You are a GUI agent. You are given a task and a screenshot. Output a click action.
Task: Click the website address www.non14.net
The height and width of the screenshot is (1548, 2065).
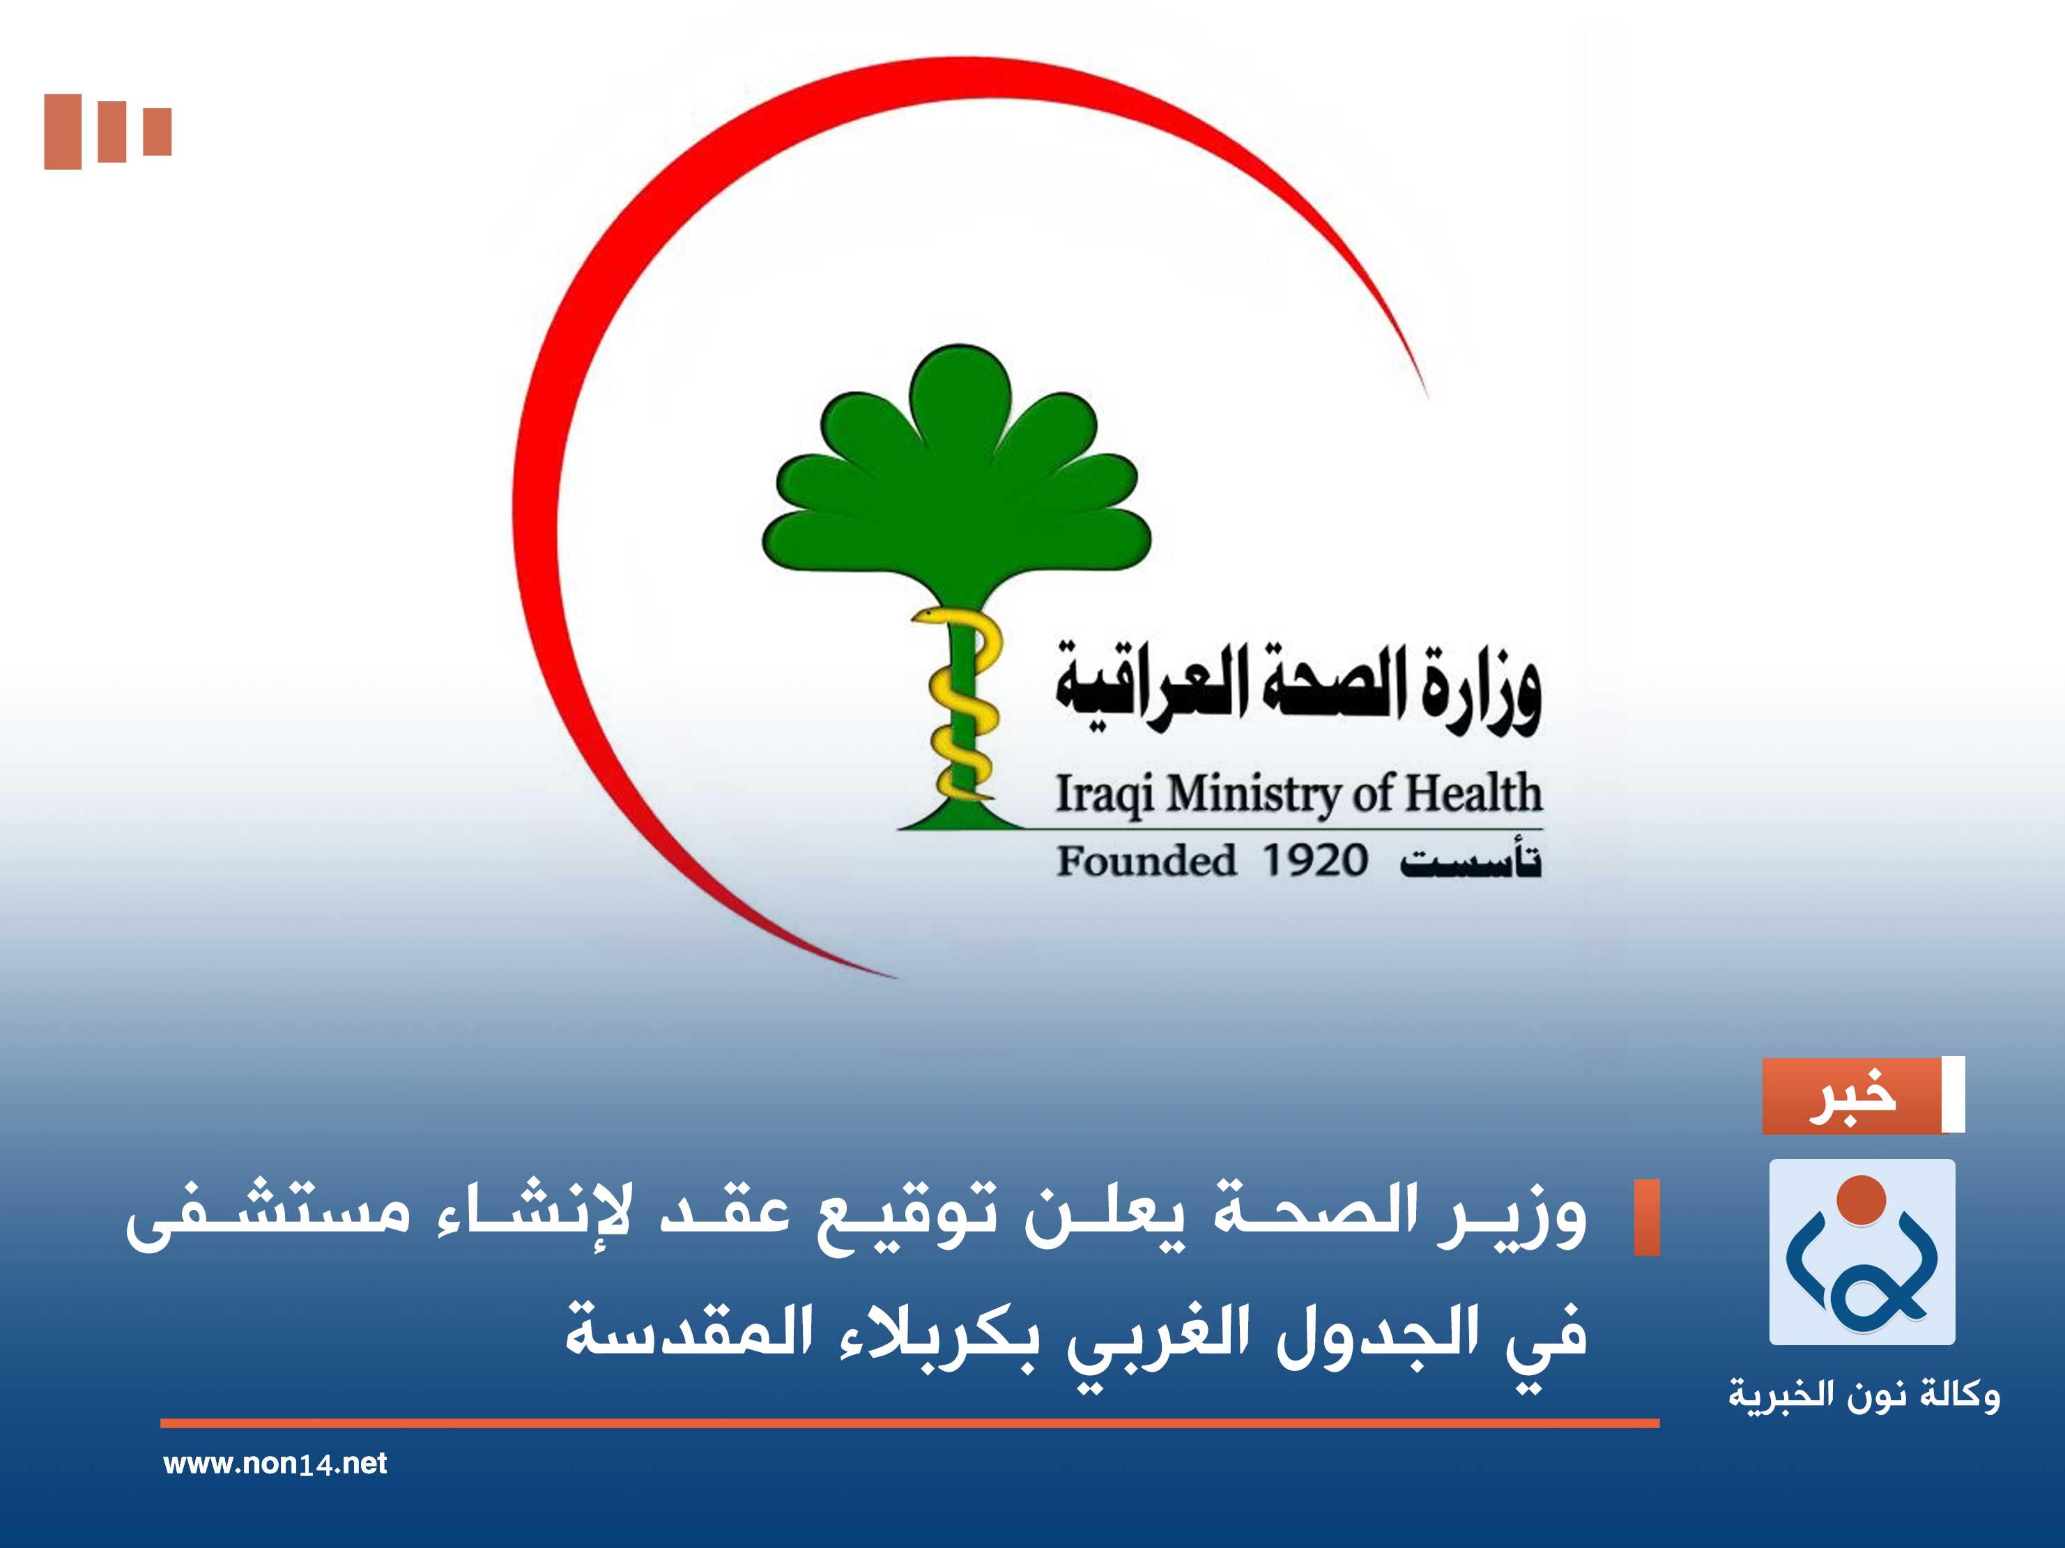(x=275, y=1463)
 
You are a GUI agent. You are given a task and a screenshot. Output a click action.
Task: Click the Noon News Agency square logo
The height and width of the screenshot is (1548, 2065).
(x=1861, y=1251)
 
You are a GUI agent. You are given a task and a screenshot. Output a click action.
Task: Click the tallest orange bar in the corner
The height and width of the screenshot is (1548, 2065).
(x=63, y=132)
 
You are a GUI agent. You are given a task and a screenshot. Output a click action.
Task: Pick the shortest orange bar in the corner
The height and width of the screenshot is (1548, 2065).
(x=157, y=132)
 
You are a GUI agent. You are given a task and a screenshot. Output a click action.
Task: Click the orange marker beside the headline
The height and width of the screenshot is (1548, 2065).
(x=1647, y=1218)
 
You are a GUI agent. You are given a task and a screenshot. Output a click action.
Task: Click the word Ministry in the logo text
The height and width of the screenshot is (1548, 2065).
(x=1251, y=795)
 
